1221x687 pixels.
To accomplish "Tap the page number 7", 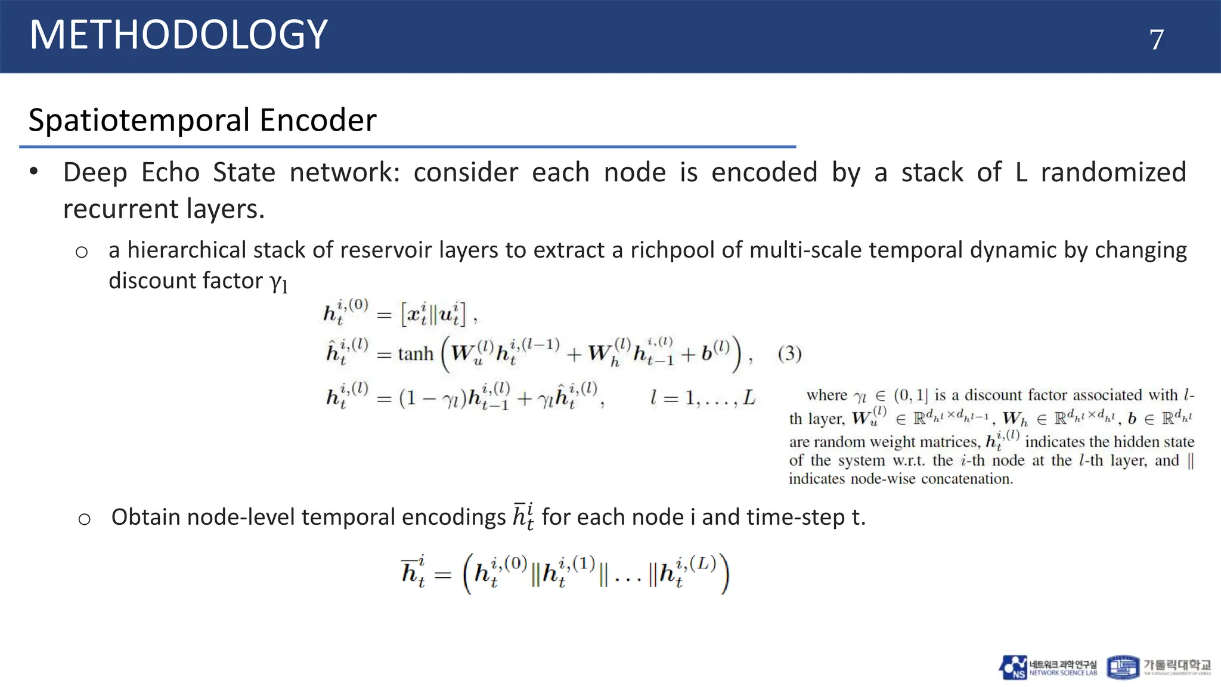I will [x=1156, y=40].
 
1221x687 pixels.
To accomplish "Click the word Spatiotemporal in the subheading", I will [x=139, y=121].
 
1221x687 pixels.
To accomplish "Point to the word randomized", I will [x=1113, y=173].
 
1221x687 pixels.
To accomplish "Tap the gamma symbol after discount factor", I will [x=278, y=281].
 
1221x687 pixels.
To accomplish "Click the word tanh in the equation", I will [x=416, y=354].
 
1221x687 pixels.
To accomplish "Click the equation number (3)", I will [x=789, y=354].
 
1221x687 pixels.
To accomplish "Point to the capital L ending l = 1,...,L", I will [x=749, y=398].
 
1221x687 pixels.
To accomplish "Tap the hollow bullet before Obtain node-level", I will [x=84, y=519].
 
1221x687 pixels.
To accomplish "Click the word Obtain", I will [x=145, y=517].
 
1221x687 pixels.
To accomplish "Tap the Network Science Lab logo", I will [x=1048, y=667].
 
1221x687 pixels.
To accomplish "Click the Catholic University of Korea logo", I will [x=1158, y=667].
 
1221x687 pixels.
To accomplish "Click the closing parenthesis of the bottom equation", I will [x=724, y=574].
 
